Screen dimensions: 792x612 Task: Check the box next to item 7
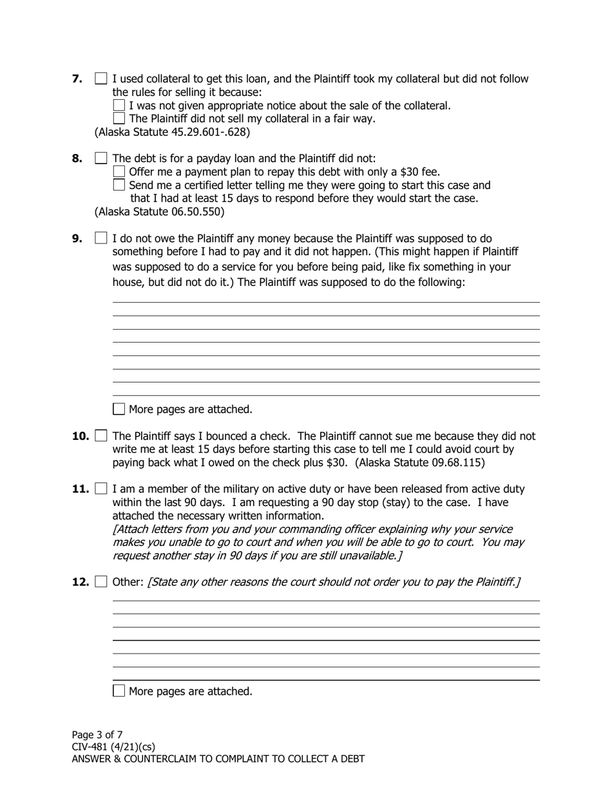pos(101,79)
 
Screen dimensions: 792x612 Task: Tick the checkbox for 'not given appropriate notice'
pos(119,105)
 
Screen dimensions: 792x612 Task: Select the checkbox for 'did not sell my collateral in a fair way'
pos(119,118)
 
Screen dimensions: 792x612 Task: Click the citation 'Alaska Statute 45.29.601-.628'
pos(172,132)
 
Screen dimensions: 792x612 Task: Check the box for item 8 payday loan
pos(101,158)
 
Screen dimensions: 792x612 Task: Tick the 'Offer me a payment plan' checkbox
pos(119,171)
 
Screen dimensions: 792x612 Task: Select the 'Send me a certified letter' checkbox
pos(119,185)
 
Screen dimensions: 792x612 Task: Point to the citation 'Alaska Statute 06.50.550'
pos(159,211)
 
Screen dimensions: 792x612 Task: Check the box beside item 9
pos(101,238)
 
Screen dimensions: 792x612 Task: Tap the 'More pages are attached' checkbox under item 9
pos(119,409)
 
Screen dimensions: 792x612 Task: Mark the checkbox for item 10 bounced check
pos(101,436)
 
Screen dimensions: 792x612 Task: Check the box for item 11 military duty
pos(101,489)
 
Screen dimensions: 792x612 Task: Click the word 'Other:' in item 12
pos(128,582)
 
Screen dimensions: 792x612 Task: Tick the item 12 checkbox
pos(101,582)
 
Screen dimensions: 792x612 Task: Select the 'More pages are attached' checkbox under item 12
pos(119,691)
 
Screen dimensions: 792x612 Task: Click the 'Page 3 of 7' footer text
pos(97,735)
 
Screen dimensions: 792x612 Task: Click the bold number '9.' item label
pos(77,238)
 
